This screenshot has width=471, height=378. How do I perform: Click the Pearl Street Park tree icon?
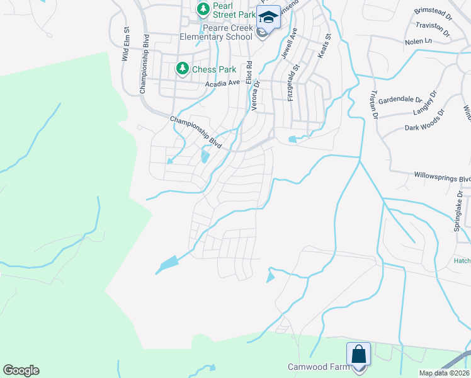203,9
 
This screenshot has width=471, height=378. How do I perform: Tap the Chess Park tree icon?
183,68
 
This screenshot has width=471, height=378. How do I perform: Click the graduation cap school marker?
269,18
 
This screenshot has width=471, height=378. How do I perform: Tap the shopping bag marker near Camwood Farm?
359,354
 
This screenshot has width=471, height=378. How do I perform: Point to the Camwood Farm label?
318,367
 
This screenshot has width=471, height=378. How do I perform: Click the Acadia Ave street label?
223,83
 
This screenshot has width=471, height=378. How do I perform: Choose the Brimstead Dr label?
434,14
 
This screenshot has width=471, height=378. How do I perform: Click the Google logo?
21,370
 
